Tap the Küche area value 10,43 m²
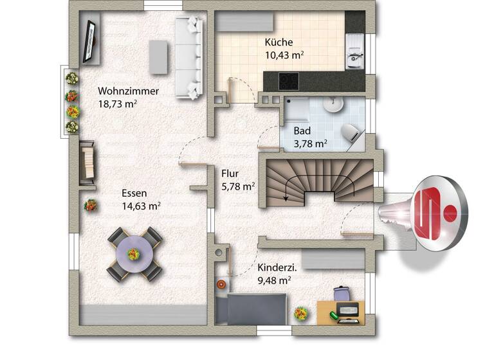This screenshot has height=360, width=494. [x=284, y=55]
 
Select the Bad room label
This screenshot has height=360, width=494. [x=302, y=130]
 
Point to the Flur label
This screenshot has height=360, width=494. [x=230, y=173]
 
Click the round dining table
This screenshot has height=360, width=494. [x=134, y=253]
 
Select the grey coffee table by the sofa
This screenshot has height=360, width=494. [x=158, y=57]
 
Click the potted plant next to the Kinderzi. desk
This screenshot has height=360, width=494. [x=300, y=314]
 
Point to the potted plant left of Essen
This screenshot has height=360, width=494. [x=91, y=205]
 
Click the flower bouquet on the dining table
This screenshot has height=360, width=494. [x=134, y=253]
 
